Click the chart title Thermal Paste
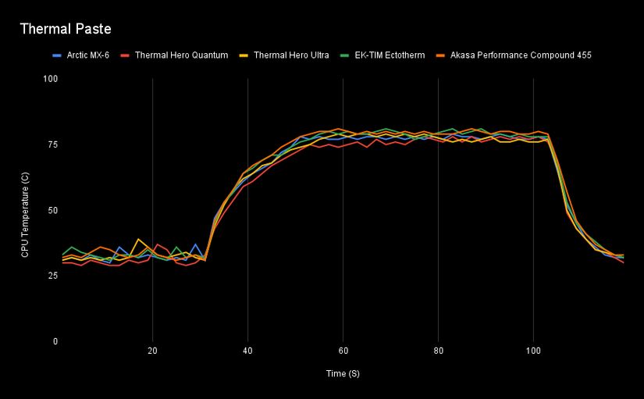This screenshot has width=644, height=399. coord(66,29)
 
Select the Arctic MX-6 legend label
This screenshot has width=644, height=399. coord(88,55)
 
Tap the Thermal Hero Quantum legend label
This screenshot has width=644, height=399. coord(182,55)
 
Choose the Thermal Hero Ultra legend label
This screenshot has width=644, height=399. coord(291,55)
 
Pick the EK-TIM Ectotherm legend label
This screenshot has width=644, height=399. coord(390,55)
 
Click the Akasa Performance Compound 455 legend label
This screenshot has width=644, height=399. coord(521,55)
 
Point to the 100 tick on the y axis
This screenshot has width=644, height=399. coord(51,79)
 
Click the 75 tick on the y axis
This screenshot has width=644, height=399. coord(53,144)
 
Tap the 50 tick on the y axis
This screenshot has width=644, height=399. coord(53,210)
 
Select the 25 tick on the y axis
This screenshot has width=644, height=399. coord(53,276)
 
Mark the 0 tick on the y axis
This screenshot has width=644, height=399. coord(55,341)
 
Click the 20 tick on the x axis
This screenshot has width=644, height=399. coord(152,351)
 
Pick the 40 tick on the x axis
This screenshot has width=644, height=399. coord(247,351)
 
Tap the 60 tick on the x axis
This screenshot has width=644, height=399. coord(343,351)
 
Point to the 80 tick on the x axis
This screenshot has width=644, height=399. coord(438,351)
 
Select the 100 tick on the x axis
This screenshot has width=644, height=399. coord(533,351)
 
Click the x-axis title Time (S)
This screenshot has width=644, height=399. coord(343,373)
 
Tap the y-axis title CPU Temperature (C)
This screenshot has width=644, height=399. coord(25,215)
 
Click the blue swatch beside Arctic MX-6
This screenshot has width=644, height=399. coord(57,55)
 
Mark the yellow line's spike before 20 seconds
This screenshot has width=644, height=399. coord(138,239)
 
